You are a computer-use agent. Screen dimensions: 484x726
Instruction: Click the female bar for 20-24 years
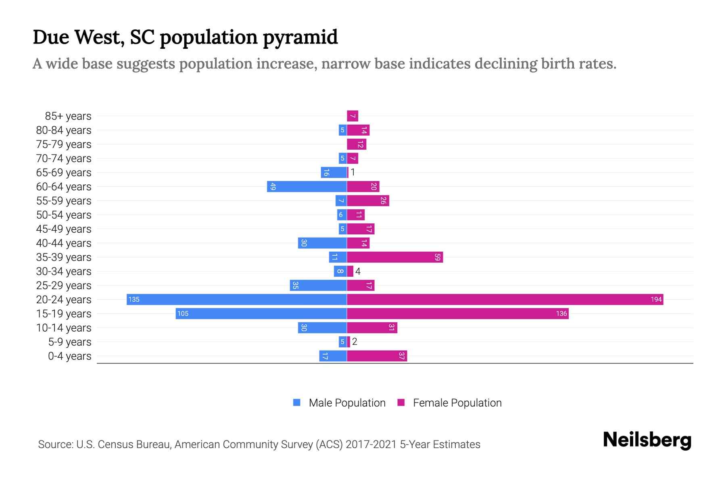504,299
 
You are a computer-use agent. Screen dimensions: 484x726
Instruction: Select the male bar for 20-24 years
237,299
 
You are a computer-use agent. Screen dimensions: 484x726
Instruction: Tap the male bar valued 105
261,313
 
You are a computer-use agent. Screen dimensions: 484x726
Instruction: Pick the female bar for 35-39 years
394,257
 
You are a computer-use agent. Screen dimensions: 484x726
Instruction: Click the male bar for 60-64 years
307,186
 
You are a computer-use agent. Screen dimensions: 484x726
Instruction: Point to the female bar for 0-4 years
377,356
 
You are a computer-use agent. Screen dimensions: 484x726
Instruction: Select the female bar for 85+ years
353,116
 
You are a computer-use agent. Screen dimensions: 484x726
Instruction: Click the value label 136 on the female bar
561,313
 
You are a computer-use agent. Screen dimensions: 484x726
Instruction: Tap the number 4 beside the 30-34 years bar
358,271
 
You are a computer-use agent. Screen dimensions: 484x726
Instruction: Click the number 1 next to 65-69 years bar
353,172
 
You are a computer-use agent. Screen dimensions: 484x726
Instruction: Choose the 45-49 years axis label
64,229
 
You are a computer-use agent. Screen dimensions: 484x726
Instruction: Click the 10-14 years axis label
64,328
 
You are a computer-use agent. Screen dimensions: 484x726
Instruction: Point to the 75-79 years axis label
64,144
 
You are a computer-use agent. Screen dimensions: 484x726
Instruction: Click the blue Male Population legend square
297,403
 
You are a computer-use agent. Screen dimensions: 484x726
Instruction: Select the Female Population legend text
457,403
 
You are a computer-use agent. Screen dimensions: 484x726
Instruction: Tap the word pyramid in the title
300,38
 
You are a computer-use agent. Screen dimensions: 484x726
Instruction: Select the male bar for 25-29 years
318,285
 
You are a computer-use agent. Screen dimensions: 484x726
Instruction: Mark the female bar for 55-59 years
368,200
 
